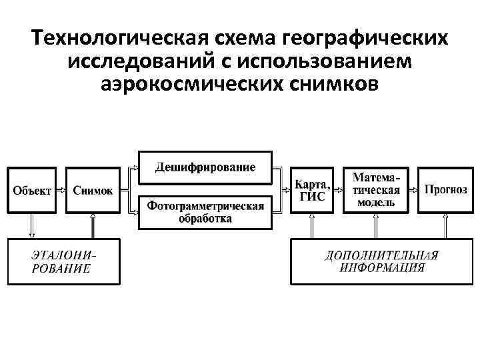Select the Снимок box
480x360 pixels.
tap(93, 190)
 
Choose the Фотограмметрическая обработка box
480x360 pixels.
tap(205, 211)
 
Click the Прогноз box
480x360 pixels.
tap(445, 189)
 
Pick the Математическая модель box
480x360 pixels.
tap(376, 190)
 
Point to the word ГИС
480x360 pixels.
tap(311, 196)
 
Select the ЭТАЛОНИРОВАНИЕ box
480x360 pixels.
tap(63, 261)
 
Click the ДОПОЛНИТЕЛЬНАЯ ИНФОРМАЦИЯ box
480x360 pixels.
tap(381, 261)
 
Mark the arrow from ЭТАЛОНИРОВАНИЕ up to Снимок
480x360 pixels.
tap(93, 225)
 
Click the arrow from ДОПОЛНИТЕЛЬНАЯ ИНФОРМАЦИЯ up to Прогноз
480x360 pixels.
tap(445, 225)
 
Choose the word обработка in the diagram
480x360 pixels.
tap(205, 218)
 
